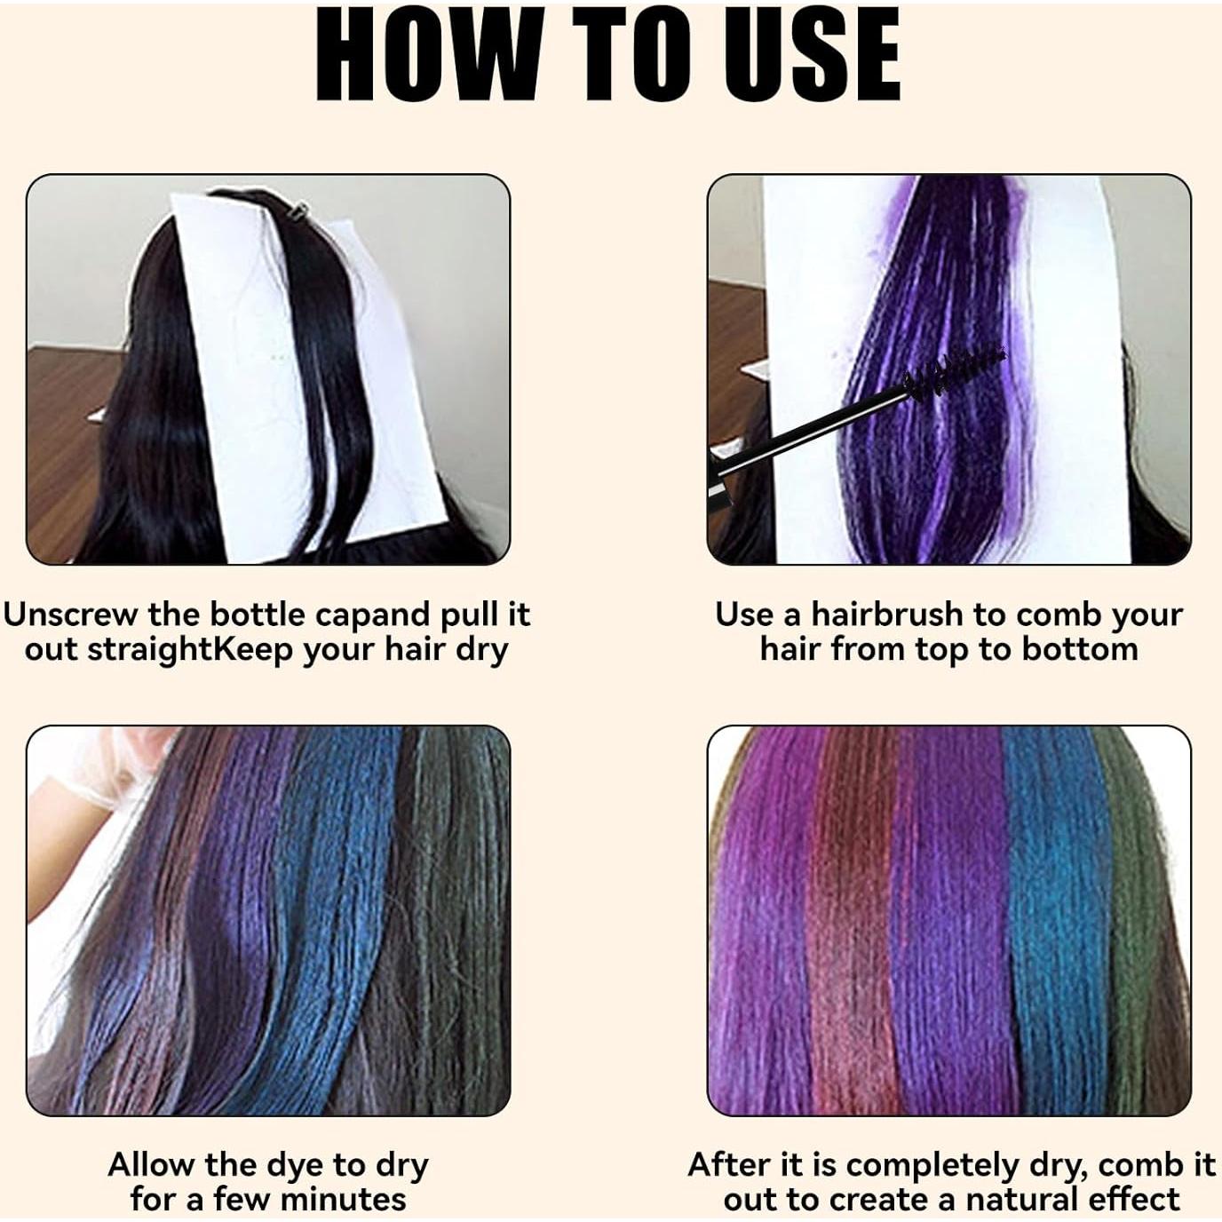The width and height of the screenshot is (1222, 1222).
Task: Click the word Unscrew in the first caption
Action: pos(71,615)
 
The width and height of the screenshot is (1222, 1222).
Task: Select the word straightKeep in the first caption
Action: pos(190,650)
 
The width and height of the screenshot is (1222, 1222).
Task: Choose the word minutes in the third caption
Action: pos(343,1200)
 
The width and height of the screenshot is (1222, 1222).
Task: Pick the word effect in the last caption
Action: pos(1132,1200)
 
